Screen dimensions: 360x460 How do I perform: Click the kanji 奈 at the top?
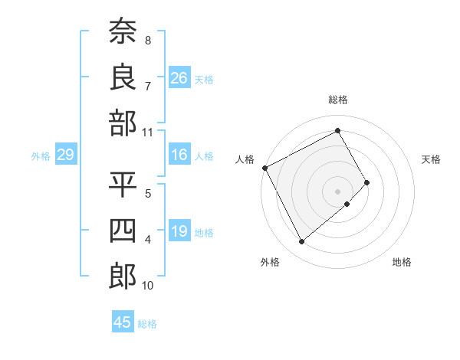123,31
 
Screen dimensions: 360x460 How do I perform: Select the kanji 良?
123,77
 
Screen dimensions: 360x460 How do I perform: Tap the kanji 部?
123,123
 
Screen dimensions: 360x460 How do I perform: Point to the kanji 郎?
123,276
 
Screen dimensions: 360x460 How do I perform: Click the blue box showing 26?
179,78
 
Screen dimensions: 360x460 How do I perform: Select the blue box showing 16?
179,155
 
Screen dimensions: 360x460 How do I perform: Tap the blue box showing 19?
179,231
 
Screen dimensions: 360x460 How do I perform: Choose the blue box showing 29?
65,155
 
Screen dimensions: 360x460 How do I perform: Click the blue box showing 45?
123,322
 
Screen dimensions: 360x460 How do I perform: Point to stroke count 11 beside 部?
147,132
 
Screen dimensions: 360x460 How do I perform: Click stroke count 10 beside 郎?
147,286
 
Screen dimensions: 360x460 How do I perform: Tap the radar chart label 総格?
337,100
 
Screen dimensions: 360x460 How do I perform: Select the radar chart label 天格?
431,159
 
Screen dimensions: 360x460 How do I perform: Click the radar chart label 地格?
402,262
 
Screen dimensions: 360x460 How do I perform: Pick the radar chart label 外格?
269,262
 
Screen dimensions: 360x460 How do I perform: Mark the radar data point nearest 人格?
264,168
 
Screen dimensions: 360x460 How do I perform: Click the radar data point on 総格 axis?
337,130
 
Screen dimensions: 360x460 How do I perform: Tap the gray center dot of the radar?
337,190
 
